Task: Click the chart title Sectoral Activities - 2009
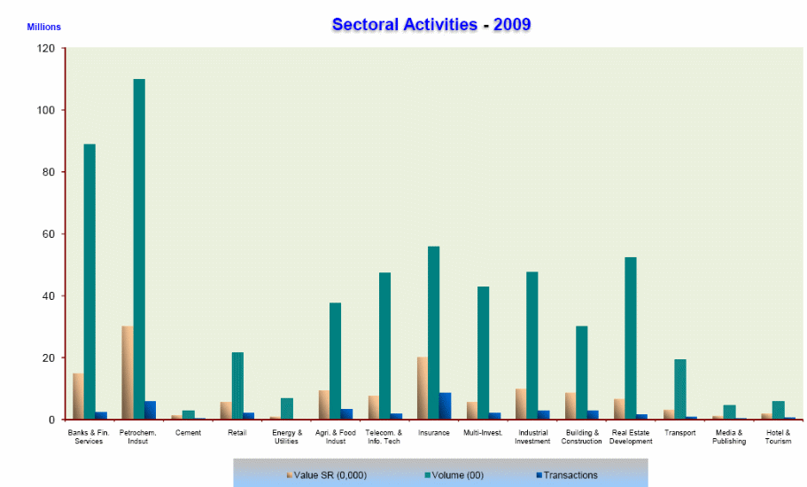(431, 24)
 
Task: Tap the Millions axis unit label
(43, 27)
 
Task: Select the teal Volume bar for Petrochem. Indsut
(139, 248)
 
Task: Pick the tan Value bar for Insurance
(423, 388)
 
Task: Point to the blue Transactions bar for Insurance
(445, 405)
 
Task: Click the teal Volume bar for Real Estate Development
(630, 338)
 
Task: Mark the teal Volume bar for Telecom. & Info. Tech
(384, 345)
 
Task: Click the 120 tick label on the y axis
(45, 49)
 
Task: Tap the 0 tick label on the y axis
(51, 420)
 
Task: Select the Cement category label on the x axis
(188, 433)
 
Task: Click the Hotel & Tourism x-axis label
(778, 436)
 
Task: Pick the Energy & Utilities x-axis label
(286, 436)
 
